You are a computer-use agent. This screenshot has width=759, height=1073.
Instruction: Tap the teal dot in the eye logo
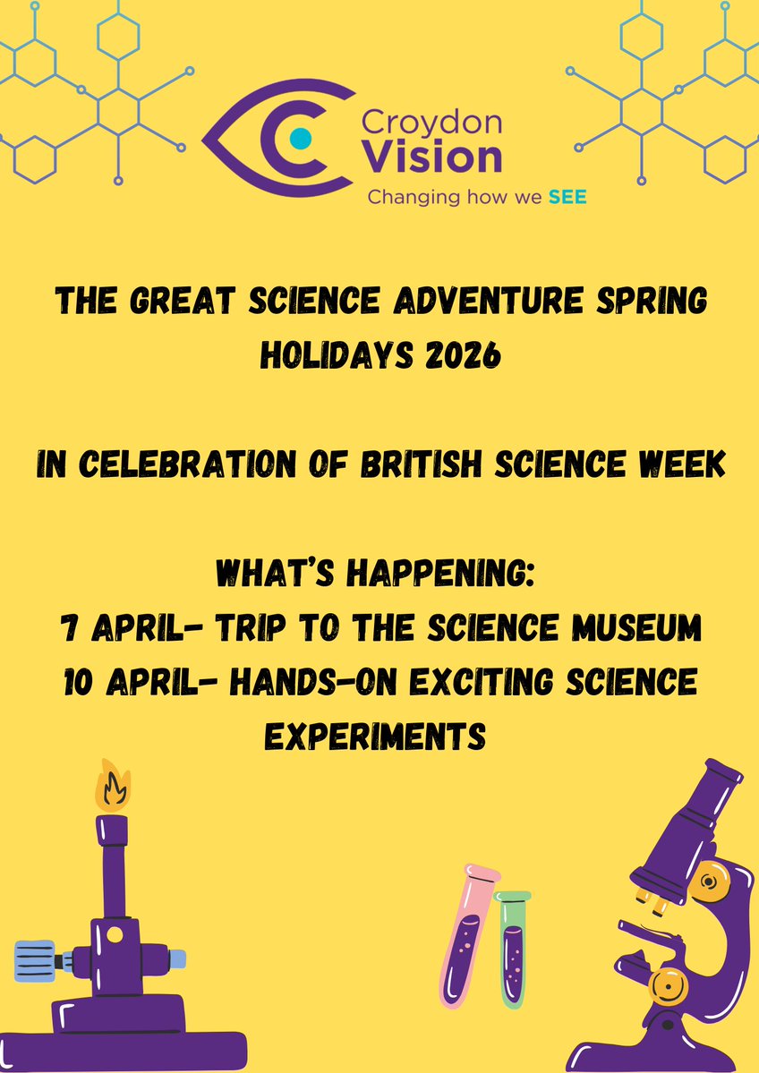point(302,137)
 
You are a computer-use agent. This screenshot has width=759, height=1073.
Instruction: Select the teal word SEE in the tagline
point(567,196)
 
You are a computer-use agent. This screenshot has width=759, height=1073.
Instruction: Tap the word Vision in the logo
point(435,157)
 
